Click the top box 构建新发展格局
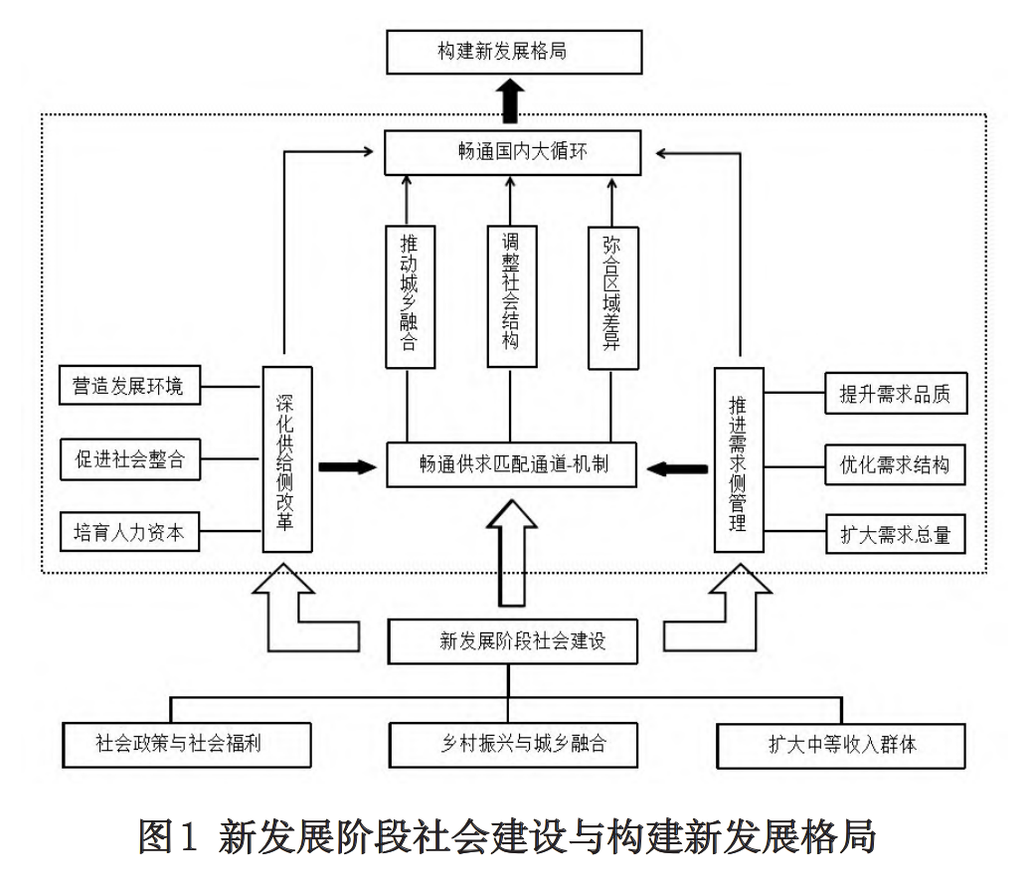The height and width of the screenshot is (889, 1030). click(514, 52)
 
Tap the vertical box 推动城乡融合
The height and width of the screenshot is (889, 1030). click(409, 296)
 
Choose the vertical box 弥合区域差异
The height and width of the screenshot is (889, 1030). click(611, 296)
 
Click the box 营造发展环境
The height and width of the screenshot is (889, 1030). click(128, 385)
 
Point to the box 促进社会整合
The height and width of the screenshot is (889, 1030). click(128, 459)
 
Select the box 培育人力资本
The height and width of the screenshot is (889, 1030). click(128, 532)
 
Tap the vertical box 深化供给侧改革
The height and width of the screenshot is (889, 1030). click(286, 458)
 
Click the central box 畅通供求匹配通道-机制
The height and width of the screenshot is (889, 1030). click(511, 464)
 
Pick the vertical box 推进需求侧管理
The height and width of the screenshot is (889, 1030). click(739, 458)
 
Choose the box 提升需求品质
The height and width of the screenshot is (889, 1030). click(895, 394)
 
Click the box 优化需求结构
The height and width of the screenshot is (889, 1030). click(895, 464)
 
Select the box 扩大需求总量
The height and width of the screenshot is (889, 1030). click(895, 535)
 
